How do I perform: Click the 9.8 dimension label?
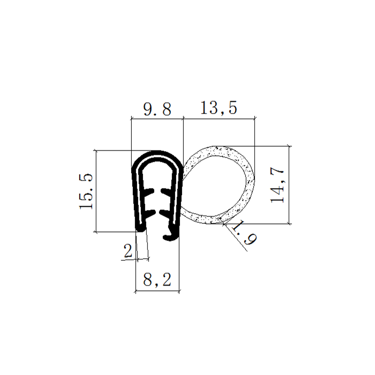157,109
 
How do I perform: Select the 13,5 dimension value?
219,108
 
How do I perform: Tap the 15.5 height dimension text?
86,191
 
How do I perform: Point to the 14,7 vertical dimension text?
277,185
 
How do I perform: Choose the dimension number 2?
128,251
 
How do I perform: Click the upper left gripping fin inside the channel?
149,192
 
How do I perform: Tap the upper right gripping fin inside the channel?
166,191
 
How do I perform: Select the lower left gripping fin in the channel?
150,212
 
